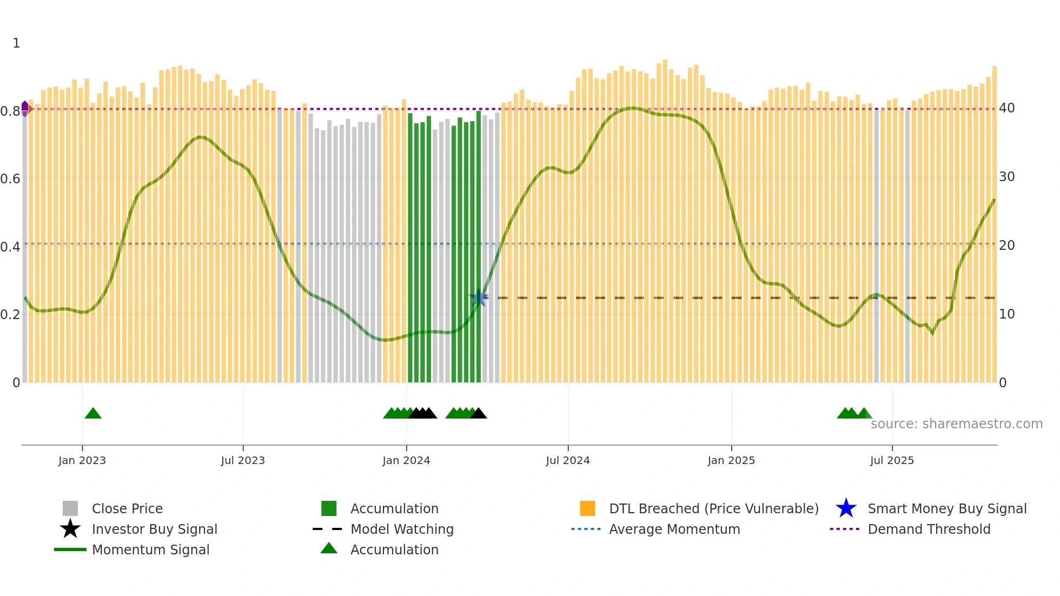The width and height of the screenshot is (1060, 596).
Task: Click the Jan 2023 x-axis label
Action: pyautogui.click(x=82, y=460)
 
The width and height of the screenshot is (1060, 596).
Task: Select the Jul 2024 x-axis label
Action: pyautogui.click(x=567, y=460)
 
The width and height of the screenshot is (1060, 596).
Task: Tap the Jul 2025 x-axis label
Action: pyautogui.click(x=892, y=460)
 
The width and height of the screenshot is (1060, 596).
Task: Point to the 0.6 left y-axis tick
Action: pyautogui.click(x=10, y=178)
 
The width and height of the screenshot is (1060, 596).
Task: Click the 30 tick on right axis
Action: pyautogui.click(x=1006, y=177)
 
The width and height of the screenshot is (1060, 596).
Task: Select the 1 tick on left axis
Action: pyautogui.click(x=16, y=43)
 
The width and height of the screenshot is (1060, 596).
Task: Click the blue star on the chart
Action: pyautogui.click(x=479, y=298)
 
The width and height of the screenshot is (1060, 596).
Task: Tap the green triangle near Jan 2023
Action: pyautogui.click(x=93, y=414)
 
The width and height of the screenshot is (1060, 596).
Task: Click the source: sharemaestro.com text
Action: pyautogui.click(x=956, y=424)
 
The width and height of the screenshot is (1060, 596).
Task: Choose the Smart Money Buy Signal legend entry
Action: pyautogui.click(x=946, y=508)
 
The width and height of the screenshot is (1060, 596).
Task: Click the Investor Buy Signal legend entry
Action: pyautogui.click(x=154, y=529)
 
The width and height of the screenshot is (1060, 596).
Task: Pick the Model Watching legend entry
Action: pyautogui.click(x=401, y=529)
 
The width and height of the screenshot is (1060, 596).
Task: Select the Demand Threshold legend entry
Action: pyautogui.click(x=929, y=529)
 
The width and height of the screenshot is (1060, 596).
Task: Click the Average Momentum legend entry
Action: pyautogui.click(x=674, y=529)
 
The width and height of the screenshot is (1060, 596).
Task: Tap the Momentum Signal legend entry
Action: pyautogui.click(x=150, y=549)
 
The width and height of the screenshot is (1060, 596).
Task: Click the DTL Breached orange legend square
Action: pyautogui.click(x=587, y=508)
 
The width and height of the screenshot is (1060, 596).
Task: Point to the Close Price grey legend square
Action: pyautogui.click(x=70, y=508)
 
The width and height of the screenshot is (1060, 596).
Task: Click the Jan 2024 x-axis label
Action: pyautogui.click(x=406, y=460)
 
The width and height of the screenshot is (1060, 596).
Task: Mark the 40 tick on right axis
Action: pyautogui.click(x=1006, y=108)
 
